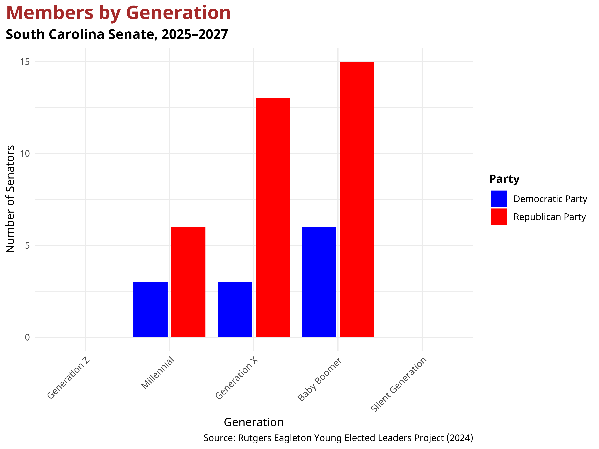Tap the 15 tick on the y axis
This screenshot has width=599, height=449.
pyautogui.click(x=25, y=62)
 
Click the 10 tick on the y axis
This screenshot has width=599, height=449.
pyautogui.click(x=25, y=153)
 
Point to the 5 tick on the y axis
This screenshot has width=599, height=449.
pyautogui.click(x=27, y=245)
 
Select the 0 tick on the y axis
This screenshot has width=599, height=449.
pyautogui.click(x=27, y=337)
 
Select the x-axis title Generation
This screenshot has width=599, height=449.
pyautogui.click(x=254, y=422)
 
